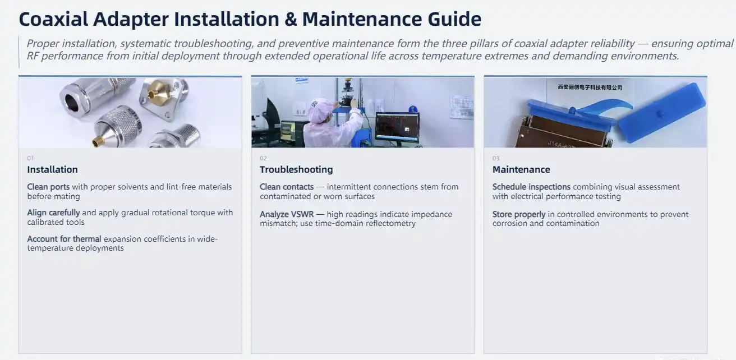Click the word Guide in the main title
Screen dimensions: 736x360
pos(454,19)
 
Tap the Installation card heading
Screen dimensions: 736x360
pos(53,169)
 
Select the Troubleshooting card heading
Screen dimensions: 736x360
pos(296,169)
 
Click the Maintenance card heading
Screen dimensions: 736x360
pos(521,169)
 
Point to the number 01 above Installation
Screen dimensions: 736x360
pos(30,158)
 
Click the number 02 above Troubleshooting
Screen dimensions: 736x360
pos(263,158)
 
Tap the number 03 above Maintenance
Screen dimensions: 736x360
pos(496,158)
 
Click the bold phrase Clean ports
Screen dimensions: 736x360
pos(48,187)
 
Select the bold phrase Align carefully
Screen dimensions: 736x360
pos(53,213)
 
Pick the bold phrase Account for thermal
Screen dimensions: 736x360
pos(64,239)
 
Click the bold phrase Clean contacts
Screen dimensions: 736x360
pos(287,187)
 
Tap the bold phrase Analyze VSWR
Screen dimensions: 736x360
pos(287,215)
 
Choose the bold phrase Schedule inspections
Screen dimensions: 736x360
pos(531,187)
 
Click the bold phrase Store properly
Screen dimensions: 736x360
pos(519,215)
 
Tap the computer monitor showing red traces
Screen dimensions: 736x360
pos(397,126)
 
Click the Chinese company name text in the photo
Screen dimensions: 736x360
pos(590,87)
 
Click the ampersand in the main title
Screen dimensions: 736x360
pos(291,19)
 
